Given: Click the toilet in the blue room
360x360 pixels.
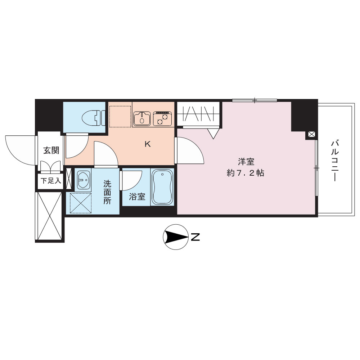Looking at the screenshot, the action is point(93,118).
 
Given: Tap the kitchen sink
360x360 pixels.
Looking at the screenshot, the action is point(142,118).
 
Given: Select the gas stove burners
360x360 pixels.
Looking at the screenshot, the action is point(162,118).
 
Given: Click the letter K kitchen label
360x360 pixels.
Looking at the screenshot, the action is point(148,144).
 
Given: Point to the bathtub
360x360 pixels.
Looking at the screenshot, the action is point(162,187).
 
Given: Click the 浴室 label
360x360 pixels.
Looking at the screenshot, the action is point(137,197).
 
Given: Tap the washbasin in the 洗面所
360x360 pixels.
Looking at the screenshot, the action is point(83,180).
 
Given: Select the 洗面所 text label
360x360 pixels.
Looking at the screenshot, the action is point(107,192).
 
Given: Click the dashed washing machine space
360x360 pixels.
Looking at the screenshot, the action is point(80,203).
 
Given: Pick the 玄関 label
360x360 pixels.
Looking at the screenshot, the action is point(51,150).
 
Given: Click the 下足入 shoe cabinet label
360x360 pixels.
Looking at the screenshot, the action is point(51,181).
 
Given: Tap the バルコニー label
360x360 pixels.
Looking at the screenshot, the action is point(334,161).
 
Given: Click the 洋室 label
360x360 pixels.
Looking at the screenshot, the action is point(246,162).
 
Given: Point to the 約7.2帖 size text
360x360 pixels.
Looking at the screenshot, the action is point(246,173).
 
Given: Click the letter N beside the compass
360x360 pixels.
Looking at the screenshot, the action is point(195,237).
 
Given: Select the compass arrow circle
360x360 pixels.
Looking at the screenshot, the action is point(175,237).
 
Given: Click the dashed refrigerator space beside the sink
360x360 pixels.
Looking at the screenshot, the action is point(120,116).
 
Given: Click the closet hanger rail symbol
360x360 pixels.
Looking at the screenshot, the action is point(198,114).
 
